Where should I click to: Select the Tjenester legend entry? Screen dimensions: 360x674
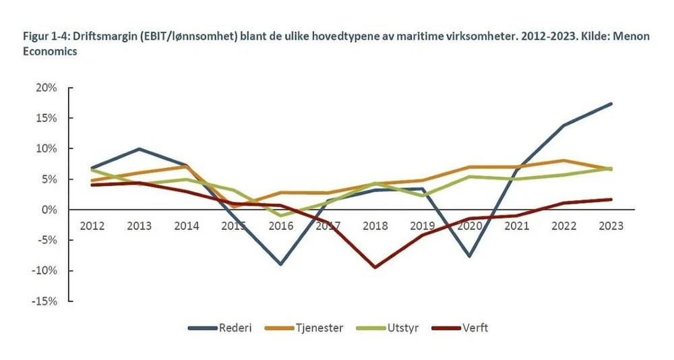(x=317, y=328)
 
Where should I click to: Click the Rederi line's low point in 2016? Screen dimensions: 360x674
(x=280, y=264)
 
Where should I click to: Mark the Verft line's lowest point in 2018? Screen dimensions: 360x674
(x=375, y=268)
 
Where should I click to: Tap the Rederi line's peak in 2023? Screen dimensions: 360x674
(x=611, y=103)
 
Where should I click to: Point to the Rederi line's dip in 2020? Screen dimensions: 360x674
(x=469, y=256)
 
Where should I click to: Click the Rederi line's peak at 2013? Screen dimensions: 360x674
(x=139, y=148)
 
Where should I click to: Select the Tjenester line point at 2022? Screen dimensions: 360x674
(x=563, y=160)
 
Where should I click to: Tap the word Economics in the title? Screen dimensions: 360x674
(x=50, y=51)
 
